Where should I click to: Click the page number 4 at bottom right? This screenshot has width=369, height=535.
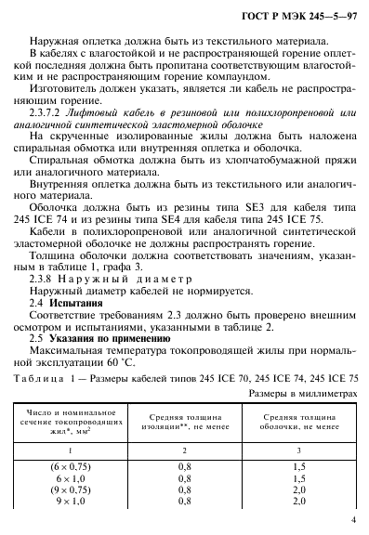pos(343,520)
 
